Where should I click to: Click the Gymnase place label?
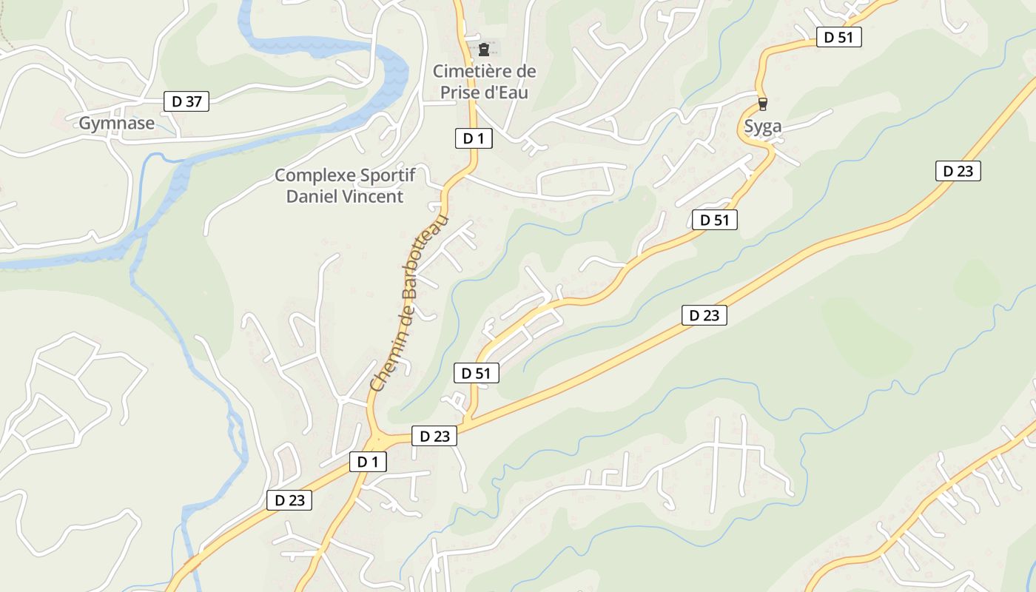117,124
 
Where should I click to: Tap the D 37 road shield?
186,101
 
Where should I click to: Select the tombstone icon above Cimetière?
484,50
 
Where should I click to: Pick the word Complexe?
310,176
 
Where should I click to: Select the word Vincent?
374,196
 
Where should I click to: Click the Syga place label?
762,127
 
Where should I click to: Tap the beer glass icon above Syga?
762,104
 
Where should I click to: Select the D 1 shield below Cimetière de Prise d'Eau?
474,138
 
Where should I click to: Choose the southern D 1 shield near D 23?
368,462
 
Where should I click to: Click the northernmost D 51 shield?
839,37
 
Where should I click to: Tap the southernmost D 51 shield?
477,373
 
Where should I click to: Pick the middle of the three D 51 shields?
715,219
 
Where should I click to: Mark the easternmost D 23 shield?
958,171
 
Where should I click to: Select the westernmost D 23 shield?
289,500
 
